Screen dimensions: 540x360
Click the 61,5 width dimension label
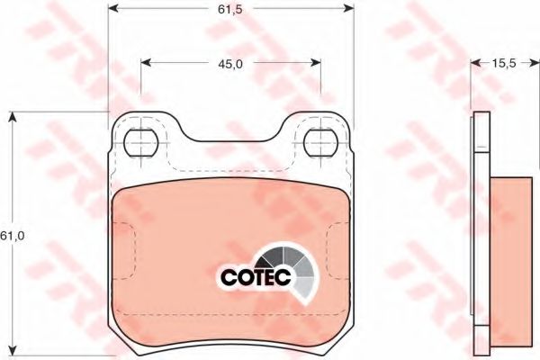click(x=230, y=9)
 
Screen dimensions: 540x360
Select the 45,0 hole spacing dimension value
click(x=230, y=64)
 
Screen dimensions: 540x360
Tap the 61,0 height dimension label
click(x=13, y=236)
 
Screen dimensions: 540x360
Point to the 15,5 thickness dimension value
click(x=503, y=63)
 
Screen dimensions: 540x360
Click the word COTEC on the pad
click(x=256, y=276)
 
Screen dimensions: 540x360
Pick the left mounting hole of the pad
click(x=141, y=142)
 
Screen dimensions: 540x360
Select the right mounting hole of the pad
click(x=320, y=142)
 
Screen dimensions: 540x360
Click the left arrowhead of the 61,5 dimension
click(x=113, y=8)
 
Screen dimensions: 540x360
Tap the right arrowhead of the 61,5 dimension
click(x=349, y=8)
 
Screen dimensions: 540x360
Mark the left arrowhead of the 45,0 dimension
click(x=147, y=62)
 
